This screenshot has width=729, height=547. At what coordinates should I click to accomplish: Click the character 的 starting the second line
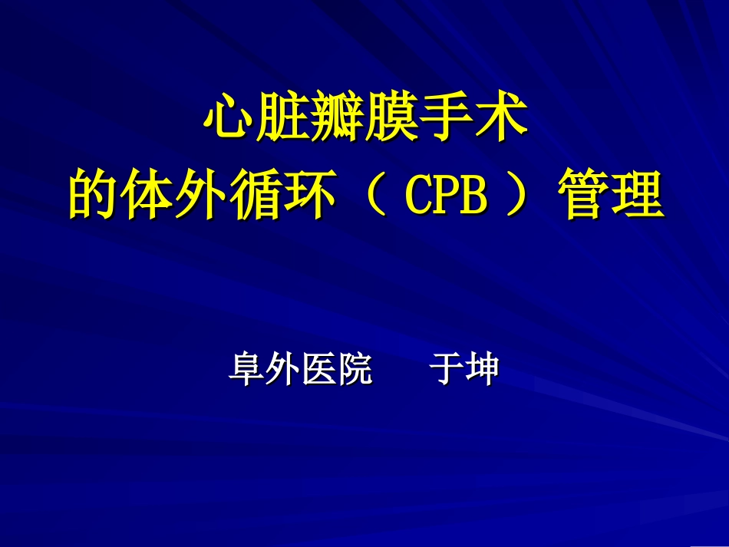point(94,194)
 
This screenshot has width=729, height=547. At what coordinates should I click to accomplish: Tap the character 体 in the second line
point(147,194)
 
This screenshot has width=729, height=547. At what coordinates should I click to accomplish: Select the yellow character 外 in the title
point(201,194)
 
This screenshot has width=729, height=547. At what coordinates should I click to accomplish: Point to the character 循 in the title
point(255,194)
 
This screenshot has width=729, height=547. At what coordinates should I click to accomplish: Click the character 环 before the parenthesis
point(308,194)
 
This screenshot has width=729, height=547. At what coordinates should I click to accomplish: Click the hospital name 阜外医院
point(300,370)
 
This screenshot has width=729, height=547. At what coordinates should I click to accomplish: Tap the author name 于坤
point(464,370)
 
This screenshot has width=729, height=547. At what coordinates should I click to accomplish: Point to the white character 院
point(355,370)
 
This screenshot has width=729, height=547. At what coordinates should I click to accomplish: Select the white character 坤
point(483,370)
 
